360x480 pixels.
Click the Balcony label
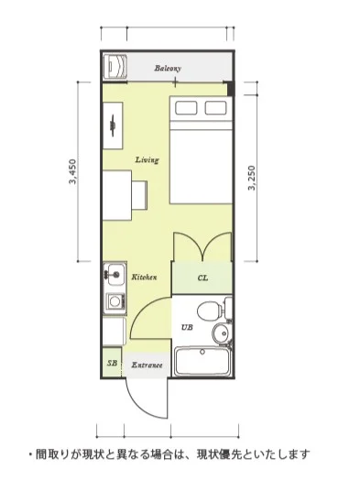[168, 68]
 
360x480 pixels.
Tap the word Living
[147, 159]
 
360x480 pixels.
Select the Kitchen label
[144, 277]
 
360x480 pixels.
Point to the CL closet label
[202, 278]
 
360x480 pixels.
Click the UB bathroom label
[187, 327]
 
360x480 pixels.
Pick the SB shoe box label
[112, 364]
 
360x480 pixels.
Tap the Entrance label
[147, 365]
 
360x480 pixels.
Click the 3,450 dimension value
[73, 171]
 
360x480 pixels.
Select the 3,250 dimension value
[252, 178]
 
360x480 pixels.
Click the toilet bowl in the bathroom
[210, 311]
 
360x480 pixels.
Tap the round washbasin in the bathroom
[221, 333]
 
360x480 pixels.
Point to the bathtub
[202, 361]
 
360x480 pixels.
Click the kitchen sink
[115, 274]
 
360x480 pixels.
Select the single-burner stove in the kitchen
[115, 301]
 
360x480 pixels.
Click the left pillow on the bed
[186, 108]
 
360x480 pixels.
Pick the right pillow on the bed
[216, 108]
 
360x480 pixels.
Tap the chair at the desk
[139, 195]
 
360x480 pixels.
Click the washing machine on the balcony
[115, 67]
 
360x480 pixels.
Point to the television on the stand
[113, 125]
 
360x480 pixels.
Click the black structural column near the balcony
[230, 89]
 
